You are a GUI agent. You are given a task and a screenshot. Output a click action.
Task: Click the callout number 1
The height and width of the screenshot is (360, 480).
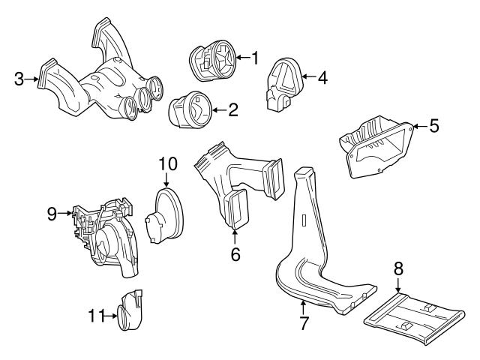254,56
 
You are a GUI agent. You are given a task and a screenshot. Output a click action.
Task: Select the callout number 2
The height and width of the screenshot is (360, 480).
233,110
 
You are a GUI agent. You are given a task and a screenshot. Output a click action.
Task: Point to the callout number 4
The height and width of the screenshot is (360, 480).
322,76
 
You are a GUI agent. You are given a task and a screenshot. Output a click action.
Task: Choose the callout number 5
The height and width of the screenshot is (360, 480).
433,126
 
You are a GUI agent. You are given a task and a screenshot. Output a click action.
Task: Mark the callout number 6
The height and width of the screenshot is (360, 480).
235,254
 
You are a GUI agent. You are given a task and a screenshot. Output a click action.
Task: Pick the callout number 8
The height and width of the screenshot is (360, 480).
398,268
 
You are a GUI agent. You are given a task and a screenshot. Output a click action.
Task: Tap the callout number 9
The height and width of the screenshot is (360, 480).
52,214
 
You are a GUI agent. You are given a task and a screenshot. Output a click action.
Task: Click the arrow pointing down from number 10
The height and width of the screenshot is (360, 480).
166,180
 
